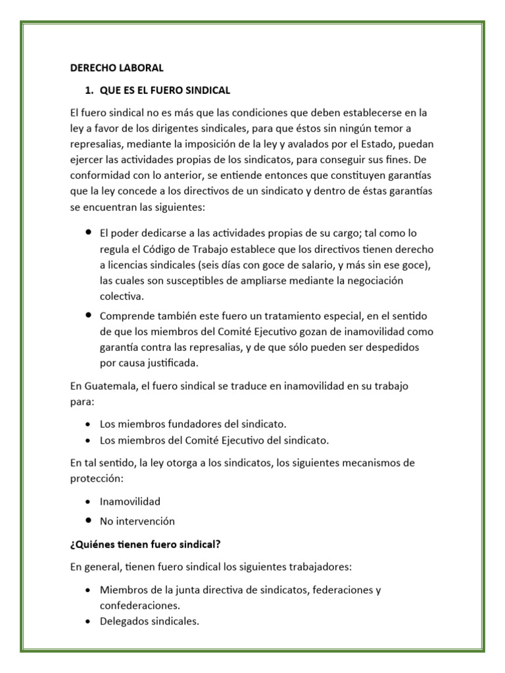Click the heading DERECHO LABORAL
[x=116, y=68]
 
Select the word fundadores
[x=181, y=425]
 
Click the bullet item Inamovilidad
[x=130, y=501]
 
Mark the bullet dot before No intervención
[x=88, y=521]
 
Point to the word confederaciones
[x=139, y=605]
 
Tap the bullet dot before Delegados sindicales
[x=88, y=621]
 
